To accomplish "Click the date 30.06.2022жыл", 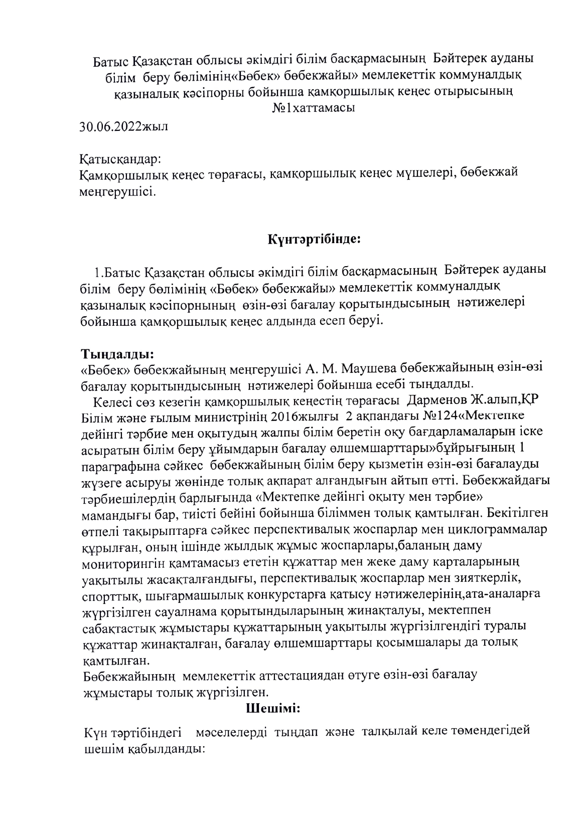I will [124, 126].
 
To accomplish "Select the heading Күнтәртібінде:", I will [315, 239].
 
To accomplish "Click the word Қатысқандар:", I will [120, 160].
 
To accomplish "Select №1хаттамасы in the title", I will [314, 108].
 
